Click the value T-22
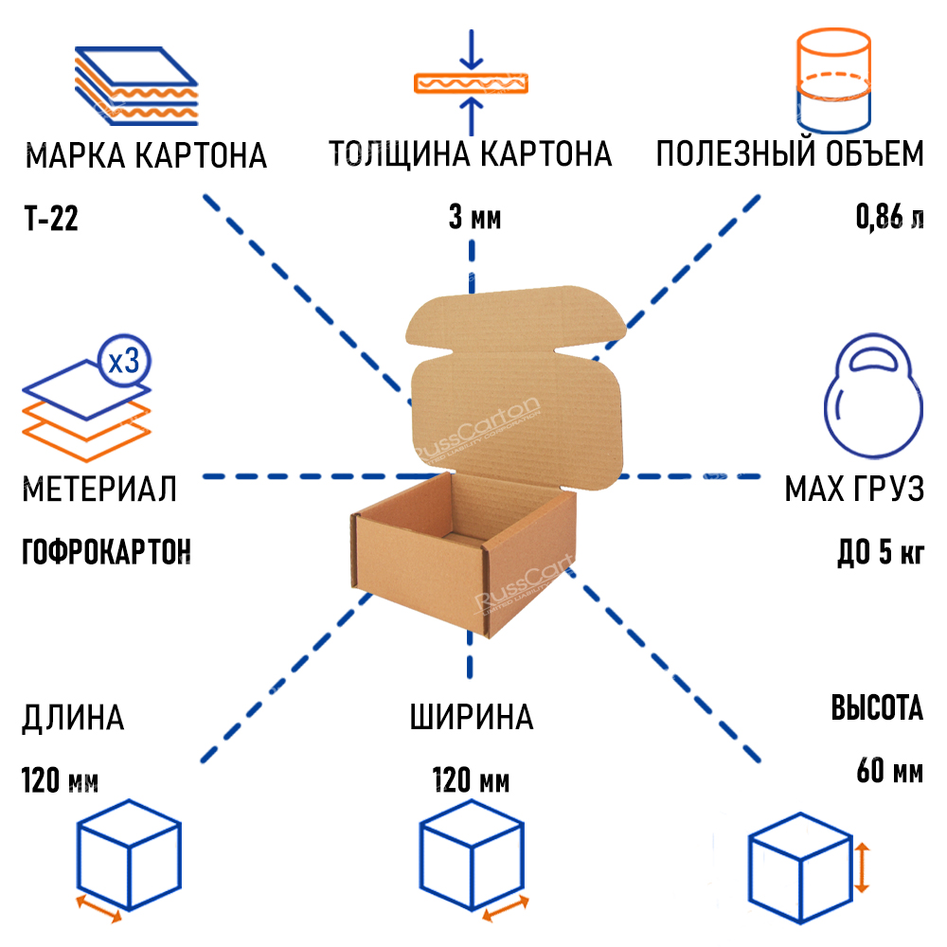coord(50,220)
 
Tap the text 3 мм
coord(473,220)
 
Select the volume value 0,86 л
coord(889,220)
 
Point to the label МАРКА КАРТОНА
coord(146,155)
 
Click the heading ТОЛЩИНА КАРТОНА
coord(471,153)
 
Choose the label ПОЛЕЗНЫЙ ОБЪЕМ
coord(790,153)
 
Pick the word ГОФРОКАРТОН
coord(105,550)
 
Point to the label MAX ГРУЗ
coord(853,490)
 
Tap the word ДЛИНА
coord(73,718)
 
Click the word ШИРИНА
coord(472,717)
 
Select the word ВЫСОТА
coord(877,708)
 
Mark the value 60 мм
coord(889,771)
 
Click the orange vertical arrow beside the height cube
coord(862,868)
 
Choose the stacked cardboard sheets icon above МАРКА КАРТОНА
coord(137,85)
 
